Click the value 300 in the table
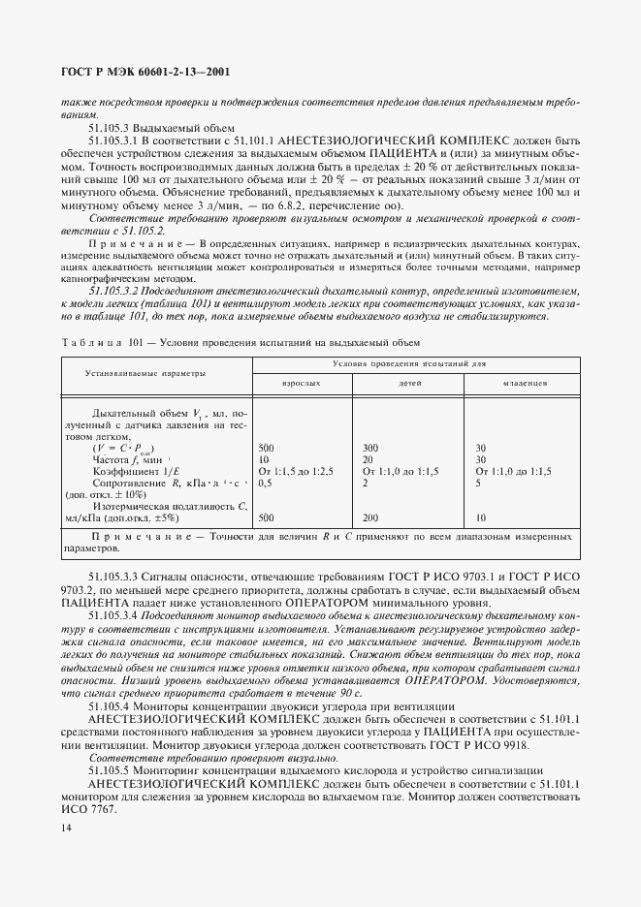pyautogui.click(x=369, y=448)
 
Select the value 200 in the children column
pyautogui.click(x=369, y=517)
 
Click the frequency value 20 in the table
pyautogui.click(x=367, y=459)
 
